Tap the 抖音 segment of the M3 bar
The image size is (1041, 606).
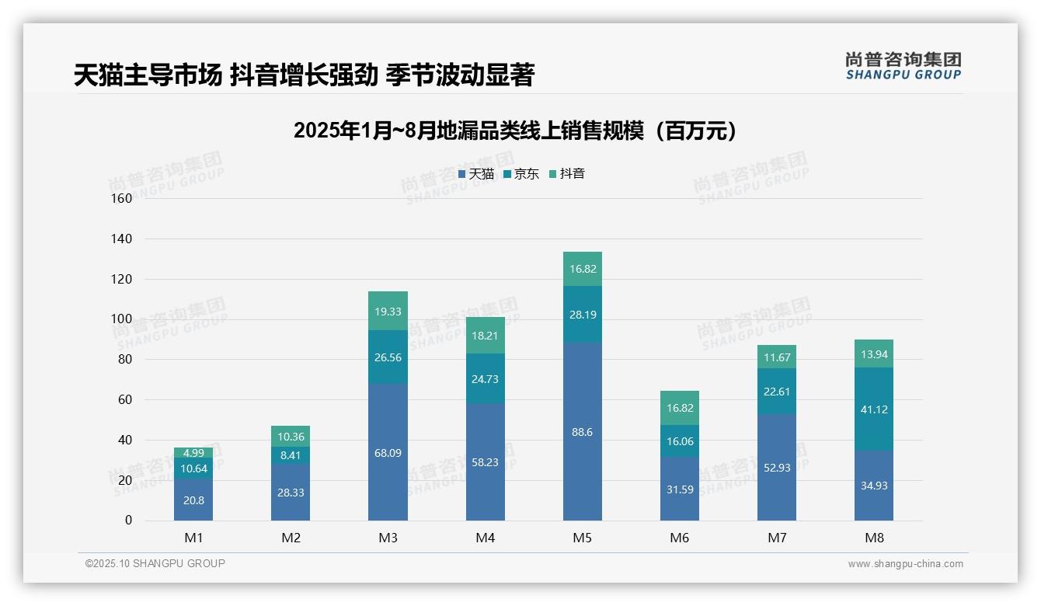(x=388, y=311)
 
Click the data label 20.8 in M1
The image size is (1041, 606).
(x=193, y=500)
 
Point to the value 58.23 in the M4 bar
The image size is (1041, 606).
(x=485, y=461)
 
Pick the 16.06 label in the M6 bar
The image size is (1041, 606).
(x=679, y=441)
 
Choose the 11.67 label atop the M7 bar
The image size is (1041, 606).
(x=776, y=357)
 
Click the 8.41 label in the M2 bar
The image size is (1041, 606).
(x=291, y=455)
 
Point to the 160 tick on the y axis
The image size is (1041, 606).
(x=122, y=198)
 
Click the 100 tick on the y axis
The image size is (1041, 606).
(x=122, y=319)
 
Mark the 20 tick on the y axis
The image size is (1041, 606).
(x=125, y=480)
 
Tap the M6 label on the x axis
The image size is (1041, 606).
(x=679, y=538)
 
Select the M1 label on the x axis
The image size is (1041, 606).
(x=193, y=538)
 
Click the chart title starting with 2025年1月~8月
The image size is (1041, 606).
(x=515, y=131)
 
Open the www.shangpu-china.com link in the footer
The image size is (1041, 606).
(x=905, y=564)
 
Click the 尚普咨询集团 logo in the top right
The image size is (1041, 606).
(x=903, y=65)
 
